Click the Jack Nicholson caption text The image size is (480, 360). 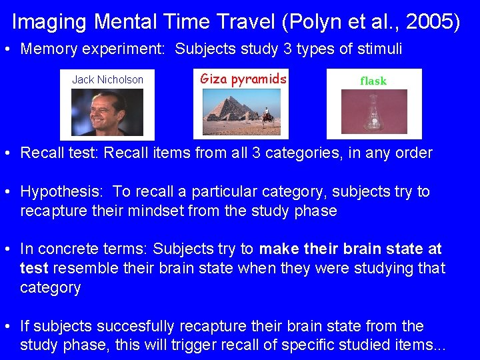click(x=107, y=80)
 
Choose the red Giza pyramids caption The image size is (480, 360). click(x=243, y=79)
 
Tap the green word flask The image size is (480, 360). click(x=373, y=81)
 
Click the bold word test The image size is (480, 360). click(x=34, y=269)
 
